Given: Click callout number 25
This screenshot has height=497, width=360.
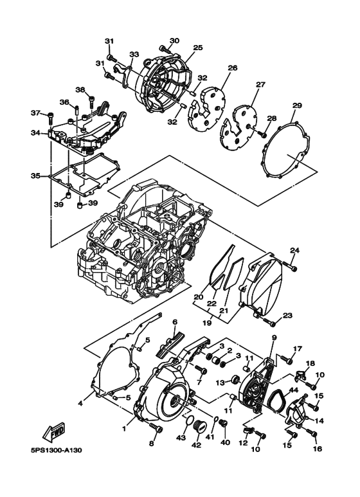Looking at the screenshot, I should pyautogui.click(x=197, y=48).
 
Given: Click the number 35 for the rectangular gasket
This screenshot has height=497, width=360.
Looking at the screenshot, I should pyautogui.click(x=35, y=175).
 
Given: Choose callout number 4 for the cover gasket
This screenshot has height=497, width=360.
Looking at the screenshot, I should pyautogui.click(x=80, y=403).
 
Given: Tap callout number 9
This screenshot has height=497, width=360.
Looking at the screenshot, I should pyautogui.click(x=273, y=337).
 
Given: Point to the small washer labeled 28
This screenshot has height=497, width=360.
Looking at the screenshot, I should pyautogui.click(x=260, y=134).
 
